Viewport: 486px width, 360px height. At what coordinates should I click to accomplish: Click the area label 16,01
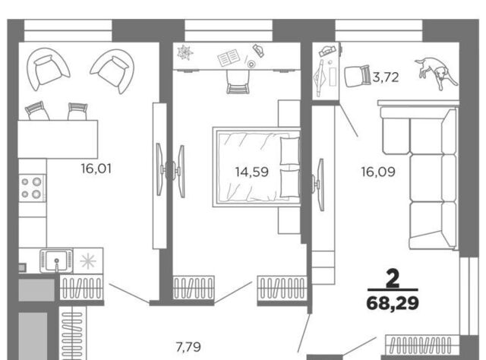tap(96, 169)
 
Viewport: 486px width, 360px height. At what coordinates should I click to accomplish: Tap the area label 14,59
tap(251, 172)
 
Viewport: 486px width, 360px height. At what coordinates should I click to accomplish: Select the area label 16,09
tap(378, 172)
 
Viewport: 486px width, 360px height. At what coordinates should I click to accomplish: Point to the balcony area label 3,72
tap(386, 77)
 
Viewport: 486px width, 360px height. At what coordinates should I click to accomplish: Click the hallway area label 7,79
tap(188, 347)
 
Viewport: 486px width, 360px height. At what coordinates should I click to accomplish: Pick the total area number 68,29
tap(393, 303)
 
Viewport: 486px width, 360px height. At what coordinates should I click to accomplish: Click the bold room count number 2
tap(393, 279)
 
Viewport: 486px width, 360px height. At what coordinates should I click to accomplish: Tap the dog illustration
tap(436, 73)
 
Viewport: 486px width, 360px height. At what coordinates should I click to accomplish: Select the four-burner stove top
tap(32, 188)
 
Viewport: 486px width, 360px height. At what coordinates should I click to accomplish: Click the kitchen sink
tap(56, 261)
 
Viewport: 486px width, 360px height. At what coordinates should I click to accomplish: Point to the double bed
tap(257, 167)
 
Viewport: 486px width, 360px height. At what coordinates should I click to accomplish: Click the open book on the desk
tap(229, 58)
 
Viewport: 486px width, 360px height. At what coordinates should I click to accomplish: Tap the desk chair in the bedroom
tap(238, 81)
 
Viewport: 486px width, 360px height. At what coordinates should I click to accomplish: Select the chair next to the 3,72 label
tap(358, 76)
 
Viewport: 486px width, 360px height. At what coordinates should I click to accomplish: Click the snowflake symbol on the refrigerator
tap(88, 261)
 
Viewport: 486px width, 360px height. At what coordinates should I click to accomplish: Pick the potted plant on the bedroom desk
tap(185, 52)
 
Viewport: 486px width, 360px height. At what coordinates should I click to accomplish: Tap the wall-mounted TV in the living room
tap(320, 185)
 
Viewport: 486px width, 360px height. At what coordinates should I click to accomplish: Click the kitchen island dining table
tap(58, 139)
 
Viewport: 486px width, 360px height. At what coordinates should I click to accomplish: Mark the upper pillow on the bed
tap(289, 150)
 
